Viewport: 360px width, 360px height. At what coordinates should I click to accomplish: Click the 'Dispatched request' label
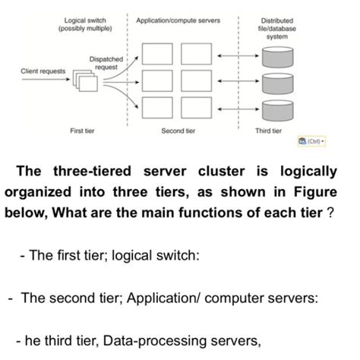pos(105,62)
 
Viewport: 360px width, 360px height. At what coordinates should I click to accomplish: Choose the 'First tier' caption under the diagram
pos(82,131)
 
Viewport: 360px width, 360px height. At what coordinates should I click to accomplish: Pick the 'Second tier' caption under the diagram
pos(178,131)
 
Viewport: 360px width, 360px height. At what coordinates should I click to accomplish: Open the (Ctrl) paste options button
pos(311,142)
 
